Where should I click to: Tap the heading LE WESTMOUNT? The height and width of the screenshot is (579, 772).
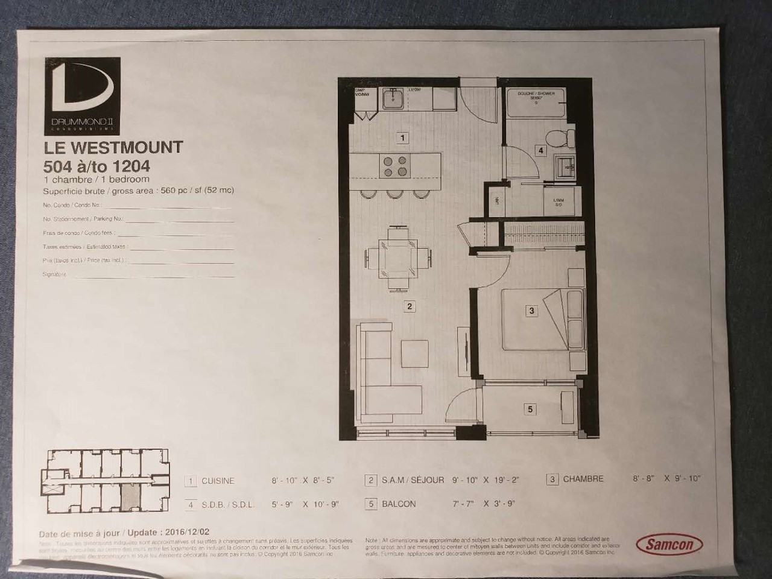[113, 148]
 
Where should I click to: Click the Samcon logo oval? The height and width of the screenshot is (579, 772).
[669, 544]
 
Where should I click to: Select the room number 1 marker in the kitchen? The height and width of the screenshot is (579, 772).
[403, 138]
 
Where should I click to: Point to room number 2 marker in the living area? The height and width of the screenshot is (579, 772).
[410, 306]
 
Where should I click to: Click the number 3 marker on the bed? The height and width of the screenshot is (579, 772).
[531, 311]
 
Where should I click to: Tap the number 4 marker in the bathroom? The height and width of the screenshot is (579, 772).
[541, 151]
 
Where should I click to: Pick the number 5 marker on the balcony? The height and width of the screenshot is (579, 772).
[530, 409]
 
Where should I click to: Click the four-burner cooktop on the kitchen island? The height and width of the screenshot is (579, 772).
[396, 166]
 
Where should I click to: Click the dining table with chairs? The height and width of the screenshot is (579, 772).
[397, 258]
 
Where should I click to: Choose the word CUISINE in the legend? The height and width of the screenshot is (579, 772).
[218, 481]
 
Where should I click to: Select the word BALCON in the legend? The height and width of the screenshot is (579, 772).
[398, 504]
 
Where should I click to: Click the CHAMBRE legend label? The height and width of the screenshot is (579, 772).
[583, 479]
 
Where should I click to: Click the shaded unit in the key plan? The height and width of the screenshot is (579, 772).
[131, 495]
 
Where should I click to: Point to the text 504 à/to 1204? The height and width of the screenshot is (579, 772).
[96, 166]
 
